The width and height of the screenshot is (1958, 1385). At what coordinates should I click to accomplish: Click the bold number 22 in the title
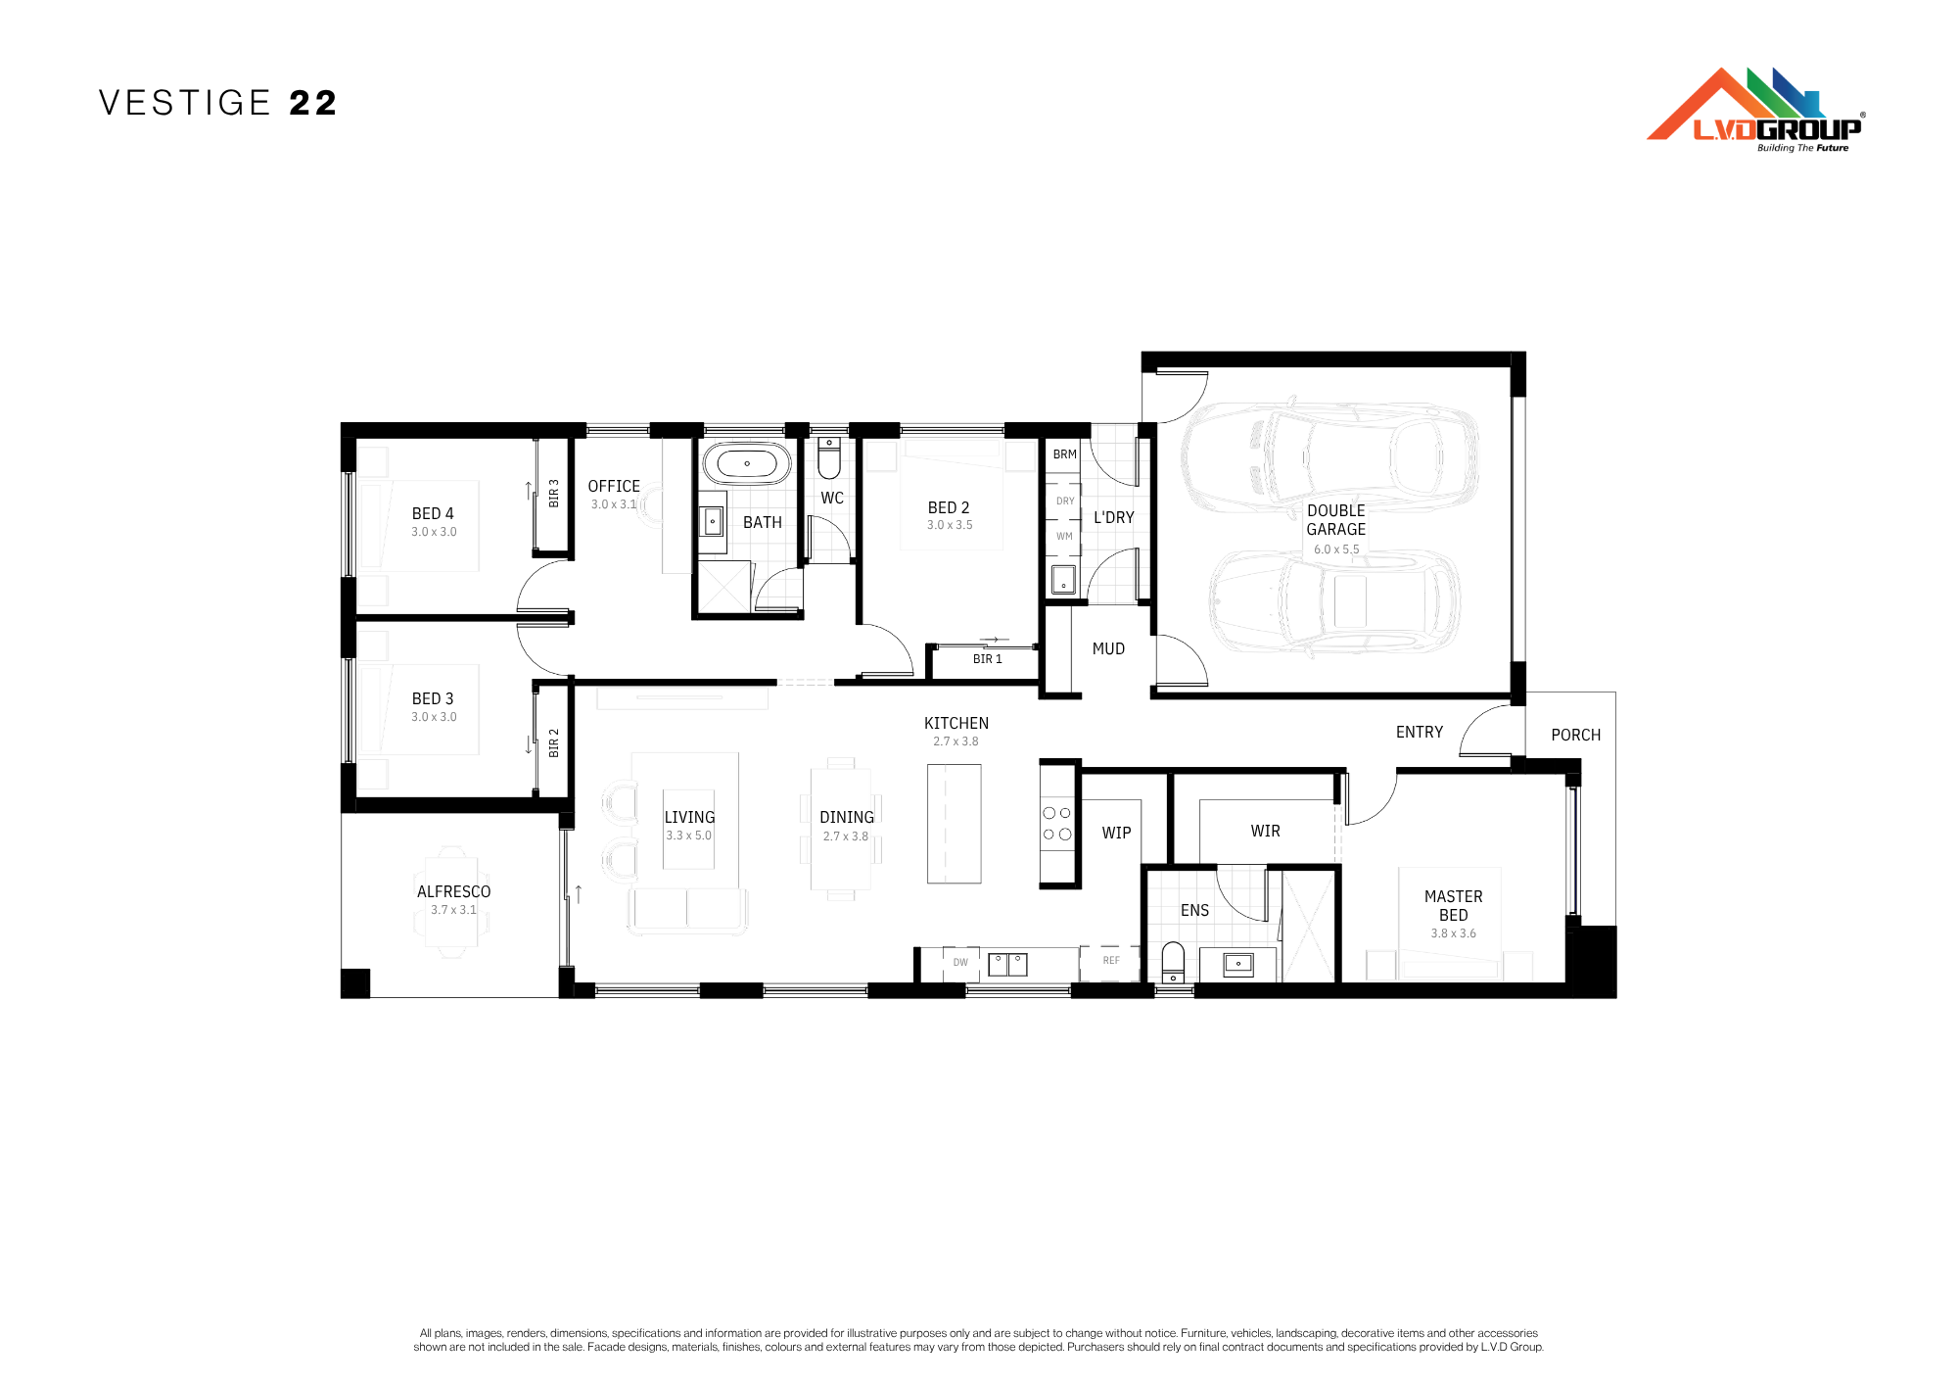click(313, 103)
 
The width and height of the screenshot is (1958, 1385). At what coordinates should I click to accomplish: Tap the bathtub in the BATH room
click(747, 463)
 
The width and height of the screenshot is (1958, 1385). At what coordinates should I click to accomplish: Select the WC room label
click(832, 498)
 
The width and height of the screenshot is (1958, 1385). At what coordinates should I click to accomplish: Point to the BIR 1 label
click(988, 659)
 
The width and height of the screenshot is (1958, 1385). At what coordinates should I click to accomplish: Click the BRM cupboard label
click(1065, 454)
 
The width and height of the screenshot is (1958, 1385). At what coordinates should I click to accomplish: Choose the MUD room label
click(1108, 648)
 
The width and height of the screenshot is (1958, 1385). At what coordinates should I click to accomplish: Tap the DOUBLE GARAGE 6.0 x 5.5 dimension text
click(1336, 549)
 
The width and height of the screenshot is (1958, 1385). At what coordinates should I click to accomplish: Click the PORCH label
click(1576, 735)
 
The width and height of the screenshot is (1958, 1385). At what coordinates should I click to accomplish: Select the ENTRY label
click(1420, 732)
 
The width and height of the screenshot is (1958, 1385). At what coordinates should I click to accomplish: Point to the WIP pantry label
click(1116, 833)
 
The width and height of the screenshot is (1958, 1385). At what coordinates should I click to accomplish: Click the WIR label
click(1265, 831)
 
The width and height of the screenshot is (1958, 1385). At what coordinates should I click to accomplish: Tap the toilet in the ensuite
click(1173, 962)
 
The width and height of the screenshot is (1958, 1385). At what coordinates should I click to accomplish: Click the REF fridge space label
click(1111, 960)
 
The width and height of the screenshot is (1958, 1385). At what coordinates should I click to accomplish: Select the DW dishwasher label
click(960, 962)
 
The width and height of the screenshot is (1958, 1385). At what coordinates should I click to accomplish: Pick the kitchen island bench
click(955, 824)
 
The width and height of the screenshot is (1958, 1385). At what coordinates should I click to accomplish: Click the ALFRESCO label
click(454, 891)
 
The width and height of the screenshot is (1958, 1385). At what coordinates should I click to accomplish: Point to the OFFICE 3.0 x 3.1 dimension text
click(614, 504)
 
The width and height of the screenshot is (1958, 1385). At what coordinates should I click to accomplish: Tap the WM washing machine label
click(1065, 536)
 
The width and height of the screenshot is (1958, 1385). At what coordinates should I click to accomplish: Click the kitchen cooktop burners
click(1057, 824)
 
